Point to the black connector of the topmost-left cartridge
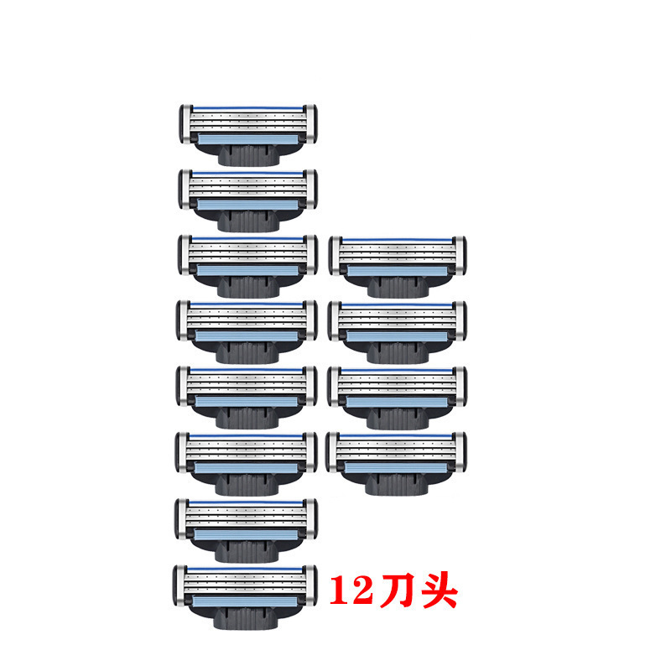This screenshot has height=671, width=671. pyautogui.click(x=248, y=154)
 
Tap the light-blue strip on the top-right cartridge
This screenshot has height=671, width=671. pyautogui.click(x=398, y=272)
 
